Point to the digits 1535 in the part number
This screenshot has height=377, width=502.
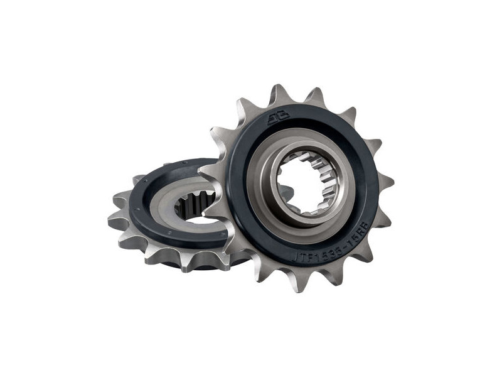coord(326,251)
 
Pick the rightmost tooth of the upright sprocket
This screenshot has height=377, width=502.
coord(384,182)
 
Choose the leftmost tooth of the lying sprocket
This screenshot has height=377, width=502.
coord(117,220)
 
